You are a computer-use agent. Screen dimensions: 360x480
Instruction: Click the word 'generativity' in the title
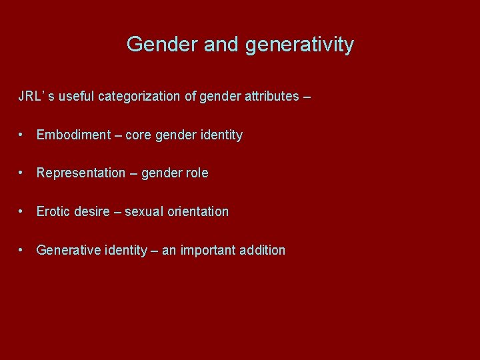point(300,45)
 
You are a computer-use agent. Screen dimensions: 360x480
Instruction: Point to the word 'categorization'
point(139,96)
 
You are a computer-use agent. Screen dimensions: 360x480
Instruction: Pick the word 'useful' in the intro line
point(76,96)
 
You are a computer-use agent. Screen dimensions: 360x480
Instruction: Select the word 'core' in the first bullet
point(138,135)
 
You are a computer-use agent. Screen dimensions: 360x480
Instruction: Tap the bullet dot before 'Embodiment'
point(23,135)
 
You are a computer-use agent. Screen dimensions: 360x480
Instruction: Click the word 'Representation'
point(81,173)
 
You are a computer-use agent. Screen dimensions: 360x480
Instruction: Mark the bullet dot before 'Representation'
point(23,173)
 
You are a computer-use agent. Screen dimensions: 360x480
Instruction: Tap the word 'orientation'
point(198,212)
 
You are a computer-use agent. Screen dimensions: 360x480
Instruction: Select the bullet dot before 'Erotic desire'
point(23,211)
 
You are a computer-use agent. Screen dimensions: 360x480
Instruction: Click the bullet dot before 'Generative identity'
point(23,250)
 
